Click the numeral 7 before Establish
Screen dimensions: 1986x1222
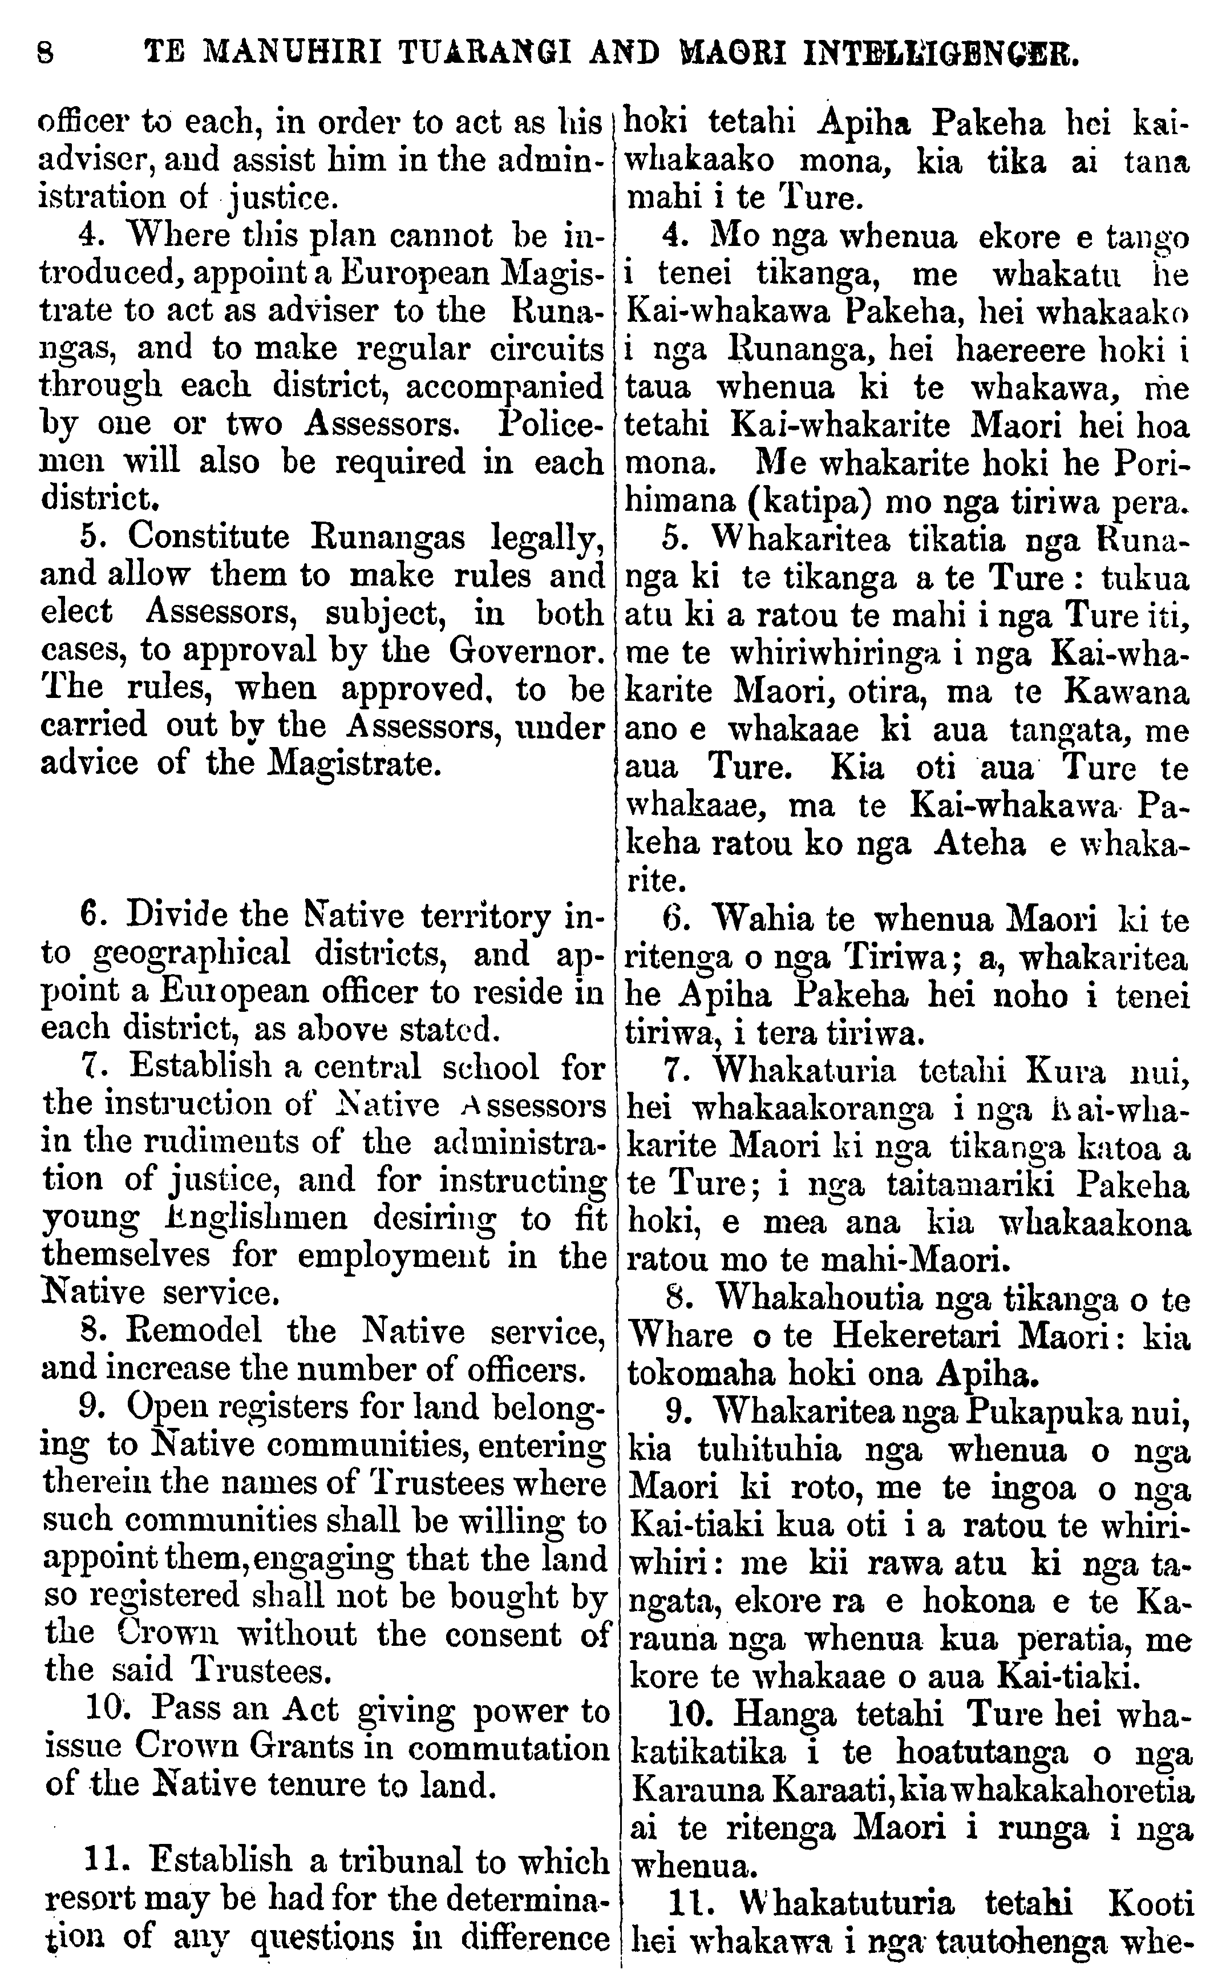[x=91, y=1067]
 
